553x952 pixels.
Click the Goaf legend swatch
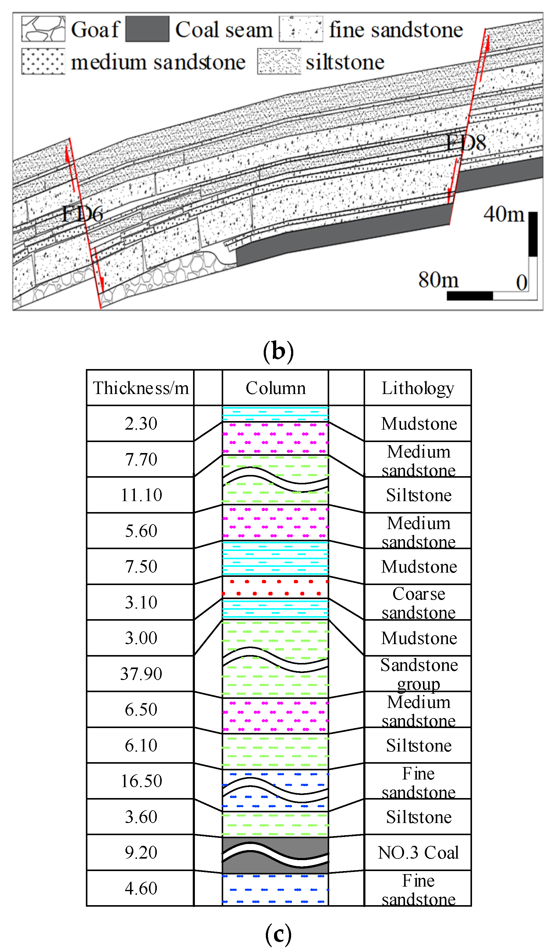tap(43, 29)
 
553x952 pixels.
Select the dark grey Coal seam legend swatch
tap(147, 29)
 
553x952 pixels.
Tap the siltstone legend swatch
tap(279, 61)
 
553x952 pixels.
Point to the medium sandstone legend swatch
tap(43, 61)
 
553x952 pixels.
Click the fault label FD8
tap(465, 143)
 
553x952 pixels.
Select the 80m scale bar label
tap(438, 280)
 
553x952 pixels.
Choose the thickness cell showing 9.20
tap(141, 853)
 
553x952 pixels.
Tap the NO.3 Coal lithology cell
tap(418, 853)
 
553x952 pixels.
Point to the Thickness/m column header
tap(141, 388)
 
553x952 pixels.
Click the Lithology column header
tap(418, 388)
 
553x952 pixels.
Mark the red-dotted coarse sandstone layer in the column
tap(275, 587)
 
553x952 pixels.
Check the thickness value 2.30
tap(141, 424)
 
